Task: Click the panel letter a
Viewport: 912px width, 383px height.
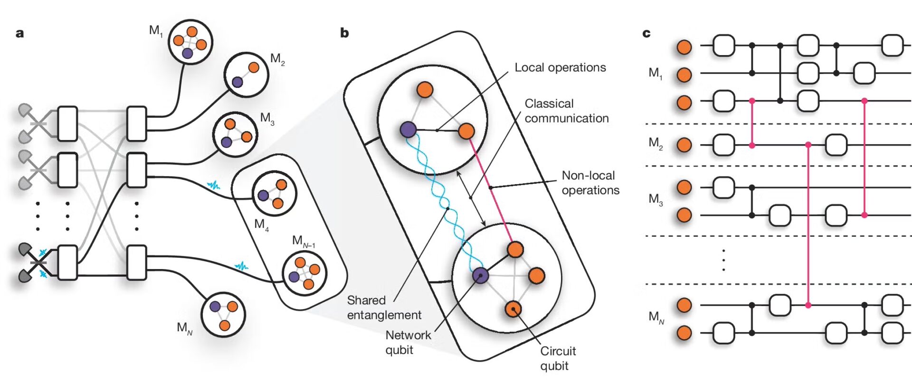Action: pyautogui.click(x=19, y=34)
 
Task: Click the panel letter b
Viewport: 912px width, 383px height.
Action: pyautogui.click(x=344, y=33)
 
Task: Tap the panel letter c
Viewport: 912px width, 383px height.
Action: pyautogui.click(x=646, y=34)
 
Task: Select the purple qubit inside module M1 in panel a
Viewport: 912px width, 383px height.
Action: pyautogui.click(x=188, y=53)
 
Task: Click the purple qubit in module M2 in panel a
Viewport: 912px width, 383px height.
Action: pyautogui.click(x=237, y=82)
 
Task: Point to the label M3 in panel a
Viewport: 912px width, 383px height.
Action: pyautogui.click(x=267, y=118)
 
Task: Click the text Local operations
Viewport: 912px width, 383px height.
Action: pyautogui.click(x=560, y=67)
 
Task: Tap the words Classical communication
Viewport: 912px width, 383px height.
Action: pyautogui.click(x=566, y=111)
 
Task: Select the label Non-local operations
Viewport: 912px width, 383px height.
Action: pyautogui.click(x=590, y=183)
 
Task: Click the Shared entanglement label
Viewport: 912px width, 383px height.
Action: pyautogui.click(x=384, y=308)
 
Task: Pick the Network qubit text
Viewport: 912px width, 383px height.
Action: pyautogui.click(x=408, y=342)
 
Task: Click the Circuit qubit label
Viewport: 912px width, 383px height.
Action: pyautogui.click(x=557, y=358)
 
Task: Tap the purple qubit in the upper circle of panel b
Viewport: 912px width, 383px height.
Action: pyautogui.click(x=408, y=129)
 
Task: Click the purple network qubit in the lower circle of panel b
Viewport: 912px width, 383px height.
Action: pyautogui.click(x=480, y=275)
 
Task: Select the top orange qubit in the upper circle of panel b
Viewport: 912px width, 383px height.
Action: pyautogui.click(x=424, y=89)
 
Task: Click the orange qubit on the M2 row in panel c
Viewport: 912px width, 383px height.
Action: pyautogui.click(x=684, y=145)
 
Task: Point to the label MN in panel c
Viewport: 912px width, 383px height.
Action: pyautogui.click(x=656, y=317)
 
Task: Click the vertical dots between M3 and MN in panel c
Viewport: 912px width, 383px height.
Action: pyautogui.click(x=723, y=260)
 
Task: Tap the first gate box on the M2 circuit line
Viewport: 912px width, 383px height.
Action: pyautogui.click(x=723, y=145)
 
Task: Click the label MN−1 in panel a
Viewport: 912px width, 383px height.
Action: pyautogui.click(x=303, y=242)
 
